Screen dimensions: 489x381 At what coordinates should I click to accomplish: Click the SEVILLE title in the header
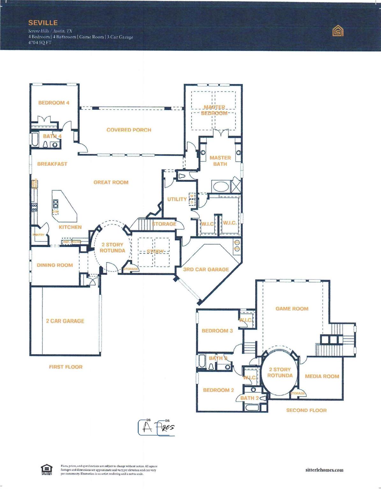(x=43, y=23)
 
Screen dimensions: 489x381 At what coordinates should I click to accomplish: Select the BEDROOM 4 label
(x=54, y=103)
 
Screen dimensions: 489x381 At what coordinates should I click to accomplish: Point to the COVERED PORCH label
(x=129, y=130)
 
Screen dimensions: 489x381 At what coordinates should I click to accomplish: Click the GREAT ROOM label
(x=111, y=182)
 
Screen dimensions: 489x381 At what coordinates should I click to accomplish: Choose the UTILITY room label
(x=177, y=199)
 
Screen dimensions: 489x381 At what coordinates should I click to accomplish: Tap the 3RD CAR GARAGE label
(x=206, y=269)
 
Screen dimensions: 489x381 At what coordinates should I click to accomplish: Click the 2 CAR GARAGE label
(x=65, y=321)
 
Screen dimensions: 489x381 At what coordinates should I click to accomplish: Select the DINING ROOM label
(x=55, y=265)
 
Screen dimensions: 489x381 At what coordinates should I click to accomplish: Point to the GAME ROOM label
(x=292, y=308)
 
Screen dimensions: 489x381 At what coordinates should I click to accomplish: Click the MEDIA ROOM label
(x=322, y=376)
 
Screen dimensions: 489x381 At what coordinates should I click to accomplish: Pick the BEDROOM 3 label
(x=217, y=331)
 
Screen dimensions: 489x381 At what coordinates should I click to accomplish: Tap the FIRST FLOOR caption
(x=66, y=367)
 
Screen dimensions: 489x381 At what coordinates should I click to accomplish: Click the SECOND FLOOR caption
(x=306, y=410)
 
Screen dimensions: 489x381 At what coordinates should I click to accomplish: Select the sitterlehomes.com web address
(x=324, y=470)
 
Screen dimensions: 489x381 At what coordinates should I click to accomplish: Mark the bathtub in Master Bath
(x=219, y=186)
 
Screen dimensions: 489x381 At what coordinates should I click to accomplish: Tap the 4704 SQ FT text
(x=40, y=43)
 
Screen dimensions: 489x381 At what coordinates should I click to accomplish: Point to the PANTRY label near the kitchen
(x=39, y=235)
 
